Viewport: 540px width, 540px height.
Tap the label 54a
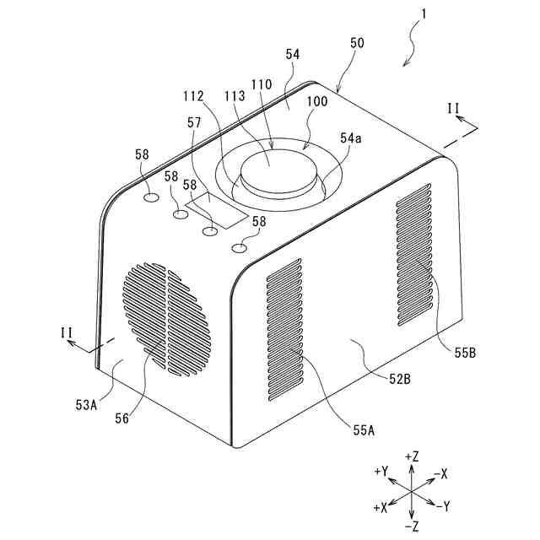351,138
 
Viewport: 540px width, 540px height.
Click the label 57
194,123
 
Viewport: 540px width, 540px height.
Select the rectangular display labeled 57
218,210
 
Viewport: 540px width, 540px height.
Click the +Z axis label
412,456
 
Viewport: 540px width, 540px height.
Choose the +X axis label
379,507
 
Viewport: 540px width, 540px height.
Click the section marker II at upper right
453,108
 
